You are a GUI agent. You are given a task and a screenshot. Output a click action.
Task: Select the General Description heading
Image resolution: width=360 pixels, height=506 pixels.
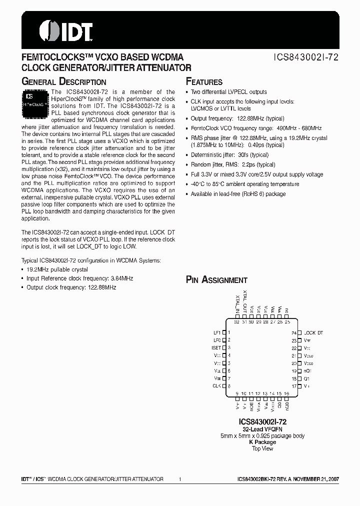[x=64, y=81]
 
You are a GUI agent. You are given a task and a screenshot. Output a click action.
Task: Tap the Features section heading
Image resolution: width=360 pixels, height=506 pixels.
[x=204, y=81]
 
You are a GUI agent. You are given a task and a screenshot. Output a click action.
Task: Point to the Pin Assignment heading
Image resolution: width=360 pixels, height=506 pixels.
[x=216, y=280]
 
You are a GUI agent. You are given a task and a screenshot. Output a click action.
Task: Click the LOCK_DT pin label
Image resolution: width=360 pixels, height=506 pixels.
[x=313, y=332]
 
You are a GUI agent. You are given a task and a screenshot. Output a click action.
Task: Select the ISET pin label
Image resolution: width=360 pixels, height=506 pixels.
[x=216, y=347]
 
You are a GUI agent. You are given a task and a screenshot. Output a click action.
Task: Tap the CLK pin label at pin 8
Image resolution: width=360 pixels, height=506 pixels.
[x=217, y=386]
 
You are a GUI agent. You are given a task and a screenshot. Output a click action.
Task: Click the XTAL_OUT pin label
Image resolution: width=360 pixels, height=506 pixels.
[x=245, y=303]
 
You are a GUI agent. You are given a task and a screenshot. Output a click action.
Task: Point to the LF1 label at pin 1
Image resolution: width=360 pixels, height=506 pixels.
[x=217, y=332]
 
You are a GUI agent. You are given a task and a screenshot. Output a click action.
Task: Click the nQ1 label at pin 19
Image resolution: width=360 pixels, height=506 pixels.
[x=307, y=371]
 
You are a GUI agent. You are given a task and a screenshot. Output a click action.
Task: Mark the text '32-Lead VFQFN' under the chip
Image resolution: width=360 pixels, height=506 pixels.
[x=262, y=429]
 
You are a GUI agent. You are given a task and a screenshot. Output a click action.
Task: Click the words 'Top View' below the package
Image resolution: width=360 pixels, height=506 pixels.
[x=262, y=448]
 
